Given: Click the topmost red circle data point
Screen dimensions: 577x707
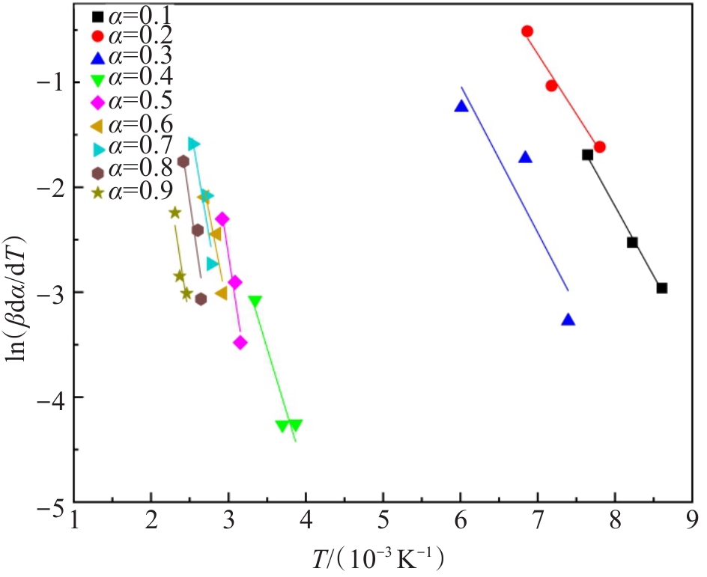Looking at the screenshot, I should [527, 31].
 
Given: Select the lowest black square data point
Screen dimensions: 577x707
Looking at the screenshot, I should [661, 288].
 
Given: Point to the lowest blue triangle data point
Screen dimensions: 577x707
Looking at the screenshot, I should [568, 320].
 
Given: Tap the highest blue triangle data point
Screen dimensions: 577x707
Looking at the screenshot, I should [461, 106].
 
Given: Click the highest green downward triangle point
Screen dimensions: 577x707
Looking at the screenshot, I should [255, 302].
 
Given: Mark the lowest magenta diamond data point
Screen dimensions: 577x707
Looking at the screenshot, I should [240, 343].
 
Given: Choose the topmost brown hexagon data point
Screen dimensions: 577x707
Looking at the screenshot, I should [183, 161].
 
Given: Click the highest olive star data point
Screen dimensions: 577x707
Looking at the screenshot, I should [175, 213].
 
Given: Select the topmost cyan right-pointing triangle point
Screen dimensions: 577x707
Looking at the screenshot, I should [194, 143].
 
